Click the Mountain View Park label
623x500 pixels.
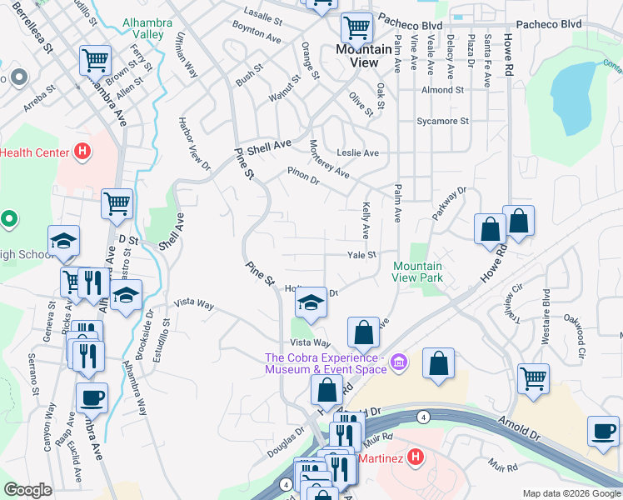[418, 272]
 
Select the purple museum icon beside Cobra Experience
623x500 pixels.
[399, 362]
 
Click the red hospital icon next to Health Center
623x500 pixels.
[82, 152]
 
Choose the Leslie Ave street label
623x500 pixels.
[357, 153]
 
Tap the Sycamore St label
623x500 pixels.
[442, 122]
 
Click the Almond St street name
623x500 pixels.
[442, 90]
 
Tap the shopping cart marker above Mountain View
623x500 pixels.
[357, 27]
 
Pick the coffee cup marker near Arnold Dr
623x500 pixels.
[604, 431]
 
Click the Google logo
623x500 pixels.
[27, 490]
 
